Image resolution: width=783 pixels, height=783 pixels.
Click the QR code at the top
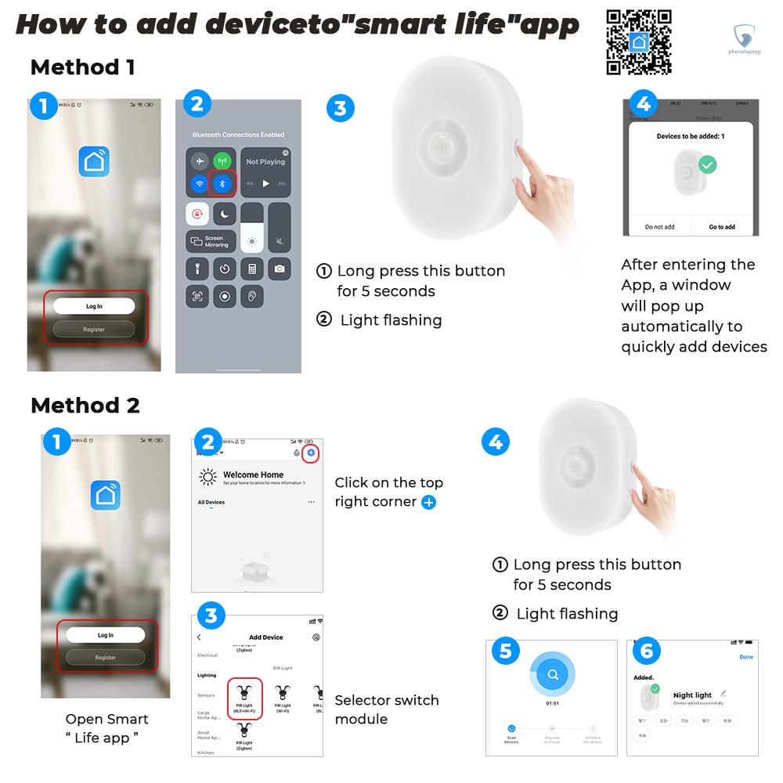(639, 41)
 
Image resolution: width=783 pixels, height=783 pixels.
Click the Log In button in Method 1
(94, 306)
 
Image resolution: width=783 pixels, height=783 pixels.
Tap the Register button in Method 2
(105, 658)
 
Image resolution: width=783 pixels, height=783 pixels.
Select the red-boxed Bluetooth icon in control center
(222, 183)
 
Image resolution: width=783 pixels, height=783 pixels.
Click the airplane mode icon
(200, 162)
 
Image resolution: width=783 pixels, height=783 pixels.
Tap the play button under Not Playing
(265, 184)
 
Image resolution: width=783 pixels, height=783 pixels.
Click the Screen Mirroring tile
(210, 242)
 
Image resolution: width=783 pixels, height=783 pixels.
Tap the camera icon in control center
(279, 269)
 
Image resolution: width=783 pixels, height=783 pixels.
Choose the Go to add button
(721, 227)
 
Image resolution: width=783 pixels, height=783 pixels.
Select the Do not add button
(659, 227)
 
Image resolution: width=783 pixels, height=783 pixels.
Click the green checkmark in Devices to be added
(708, 165)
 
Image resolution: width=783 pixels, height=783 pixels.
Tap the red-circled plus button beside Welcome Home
(311, 453)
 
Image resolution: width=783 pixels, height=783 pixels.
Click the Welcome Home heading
(253, 474)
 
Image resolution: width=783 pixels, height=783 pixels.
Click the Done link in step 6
(746, 657)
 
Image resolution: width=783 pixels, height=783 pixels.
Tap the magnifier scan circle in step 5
(552, 674)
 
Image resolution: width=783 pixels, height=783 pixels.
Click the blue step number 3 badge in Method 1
(339, 108)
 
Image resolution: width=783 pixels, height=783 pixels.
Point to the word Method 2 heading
(85, 406)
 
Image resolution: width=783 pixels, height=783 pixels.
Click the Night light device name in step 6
(692, 695)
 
